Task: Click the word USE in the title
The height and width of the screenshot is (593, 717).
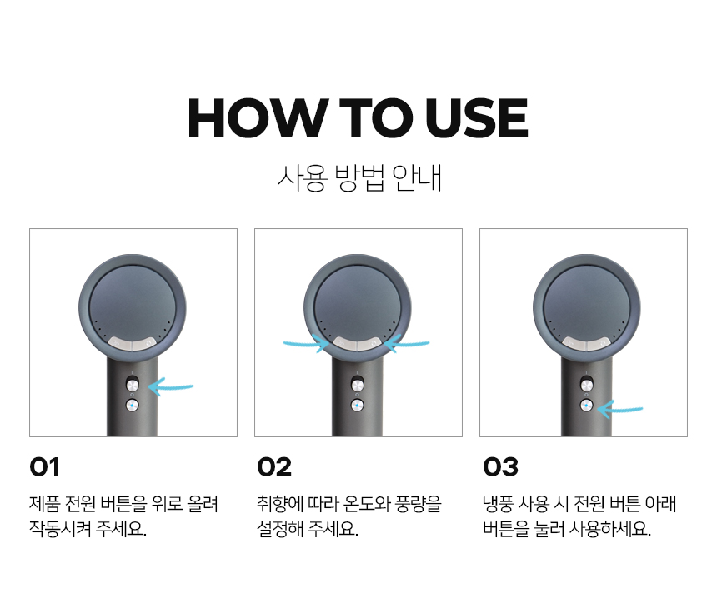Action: (x=476, y=118)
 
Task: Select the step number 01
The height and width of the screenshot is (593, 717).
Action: (x=45, y=467)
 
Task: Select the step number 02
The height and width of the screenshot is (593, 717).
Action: (x=274, y=467)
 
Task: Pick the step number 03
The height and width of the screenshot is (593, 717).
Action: (x=501, y=467)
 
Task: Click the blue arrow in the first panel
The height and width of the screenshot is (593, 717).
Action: (x=171, y=387)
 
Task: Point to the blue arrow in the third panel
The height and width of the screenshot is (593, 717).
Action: (x=620, y=409)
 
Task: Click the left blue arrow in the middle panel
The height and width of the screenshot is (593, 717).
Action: (x=306, y=343)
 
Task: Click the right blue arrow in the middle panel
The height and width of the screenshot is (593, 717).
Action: (x=406, y=343)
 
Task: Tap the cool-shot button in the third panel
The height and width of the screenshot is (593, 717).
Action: (x=586, y=406)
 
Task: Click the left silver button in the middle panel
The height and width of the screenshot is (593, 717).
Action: (x=345, y=343)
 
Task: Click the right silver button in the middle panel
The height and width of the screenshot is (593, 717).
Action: (x=370, y=343)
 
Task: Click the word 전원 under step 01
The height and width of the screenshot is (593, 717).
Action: (x=81, y=504)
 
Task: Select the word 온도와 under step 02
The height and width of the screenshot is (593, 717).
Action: (x=367, y=504)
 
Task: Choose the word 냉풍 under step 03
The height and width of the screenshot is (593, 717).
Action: (x=498, y=504)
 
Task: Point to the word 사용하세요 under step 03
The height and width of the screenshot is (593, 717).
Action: (x=610, y=529)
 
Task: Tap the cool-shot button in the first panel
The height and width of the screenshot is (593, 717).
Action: (x=133, y=405)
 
